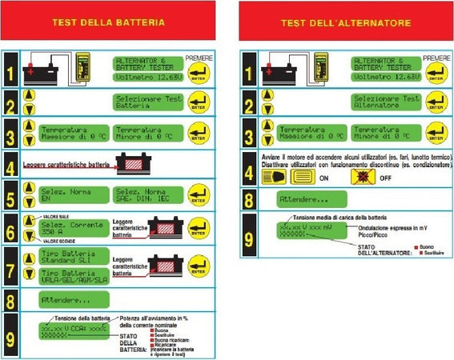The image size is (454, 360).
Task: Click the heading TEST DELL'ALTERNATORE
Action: click(x=345, y=22)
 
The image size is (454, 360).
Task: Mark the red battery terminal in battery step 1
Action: click(x=31, y=71)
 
